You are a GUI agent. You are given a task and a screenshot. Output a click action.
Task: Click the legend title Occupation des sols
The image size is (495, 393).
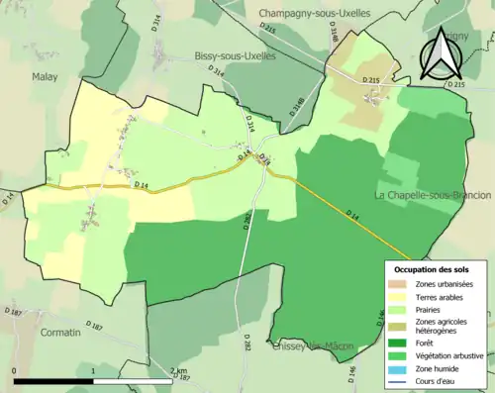pyautogui.click(x=432, y=269)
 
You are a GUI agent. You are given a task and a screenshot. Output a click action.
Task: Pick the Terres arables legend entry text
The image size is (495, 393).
pyautogui.click(x=442, y=296)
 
